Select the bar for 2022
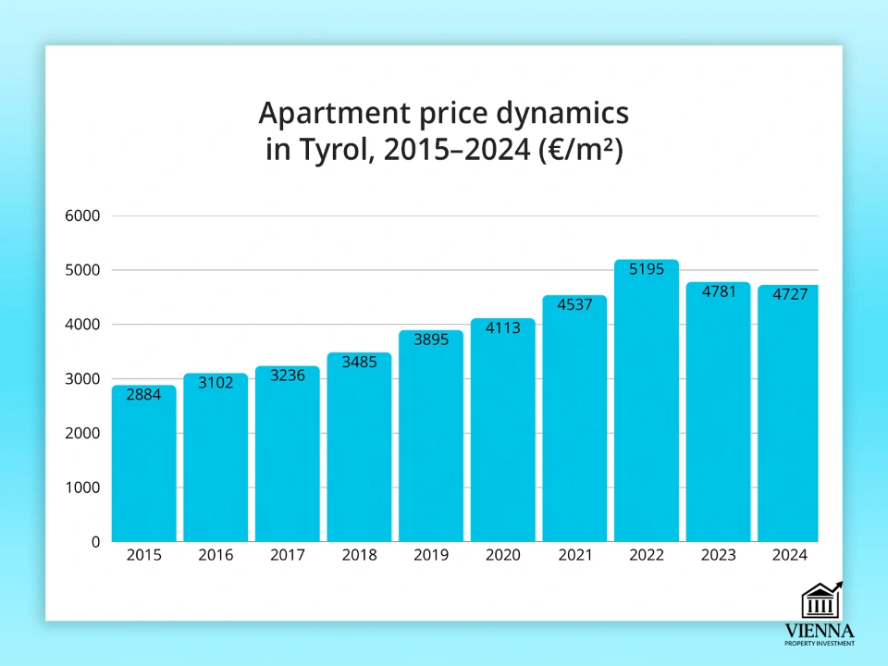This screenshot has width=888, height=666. pos(647,407)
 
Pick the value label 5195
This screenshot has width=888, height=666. pos(647,270)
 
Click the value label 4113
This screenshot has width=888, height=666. pos(503,327)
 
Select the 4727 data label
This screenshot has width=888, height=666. pos(790,295)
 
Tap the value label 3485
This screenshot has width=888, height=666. pos(359,362)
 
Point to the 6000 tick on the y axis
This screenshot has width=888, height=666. pos(81,216)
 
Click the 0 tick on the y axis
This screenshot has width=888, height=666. pos(94,542)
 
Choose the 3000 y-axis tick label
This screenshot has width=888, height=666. pos(81,379)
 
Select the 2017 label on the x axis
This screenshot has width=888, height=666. pos(288,555)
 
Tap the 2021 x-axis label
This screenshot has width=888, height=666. pos(574,555)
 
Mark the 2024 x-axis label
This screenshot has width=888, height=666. pos(790,555)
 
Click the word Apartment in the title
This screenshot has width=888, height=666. pos(318,115)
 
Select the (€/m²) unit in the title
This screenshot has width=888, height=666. pos(581,150)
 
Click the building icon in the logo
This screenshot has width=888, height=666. pos(821,601)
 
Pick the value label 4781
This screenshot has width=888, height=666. pos(719,292)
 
